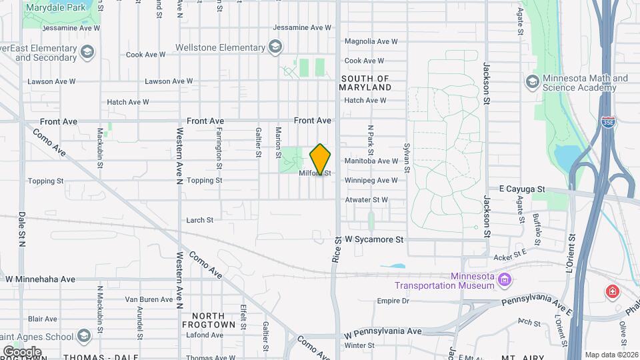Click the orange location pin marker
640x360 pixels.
(321, 159)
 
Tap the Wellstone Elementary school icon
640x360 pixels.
(275, 47)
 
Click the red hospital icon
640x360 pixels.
(611, 291)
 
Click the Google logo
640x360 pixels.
(21, 351)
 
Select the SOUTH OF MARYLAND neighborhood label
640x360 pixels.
(365, 83)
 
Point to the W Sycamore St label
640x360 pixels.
(375, 239)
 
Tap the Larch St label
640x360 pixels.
(200, 219)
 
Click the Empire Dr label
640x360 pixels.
(392, 301)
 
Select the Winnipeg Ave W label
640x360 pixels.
(371, 180)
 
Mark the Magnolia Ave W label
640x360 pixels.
(371, 41)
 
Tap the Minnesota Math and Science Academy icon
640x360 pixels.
(532, 81)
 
